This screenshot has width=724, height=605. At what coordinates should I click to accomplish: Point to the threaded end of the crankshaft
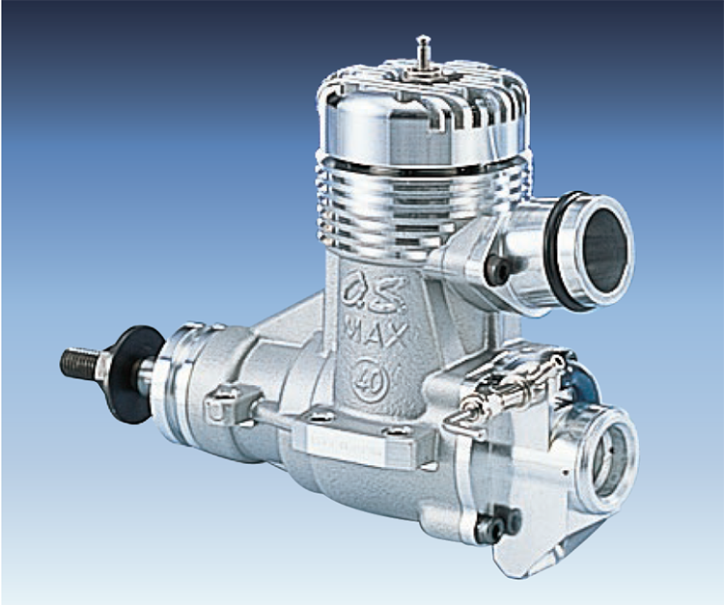point(80,363)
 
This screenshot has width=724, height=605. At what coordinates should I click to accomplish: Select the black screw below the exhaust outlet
point(497,270)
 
